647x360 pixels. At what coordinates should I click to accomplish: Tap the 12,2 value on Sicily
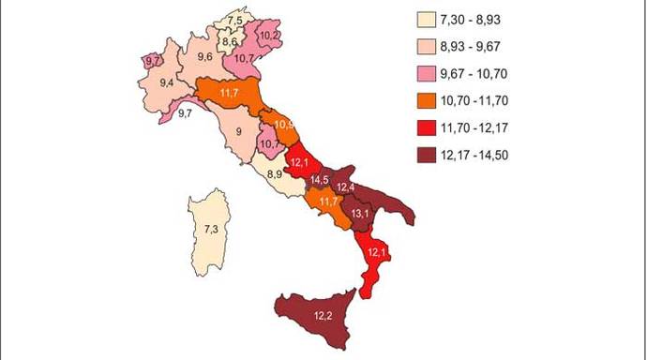coord(324,315)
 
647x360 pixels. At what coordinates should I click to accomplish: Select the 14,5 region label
coord(319,179)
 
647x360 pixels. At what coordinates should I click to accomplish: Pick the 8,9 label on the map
coord(274,174)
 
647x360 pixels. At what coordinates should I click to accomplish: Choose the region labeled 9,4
coord(168,83)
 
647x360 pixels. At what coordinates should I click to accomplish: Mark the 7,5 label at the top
coord(235,21)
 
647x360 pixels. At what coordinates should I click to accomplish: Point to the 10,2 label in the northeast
coord(269,36)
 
